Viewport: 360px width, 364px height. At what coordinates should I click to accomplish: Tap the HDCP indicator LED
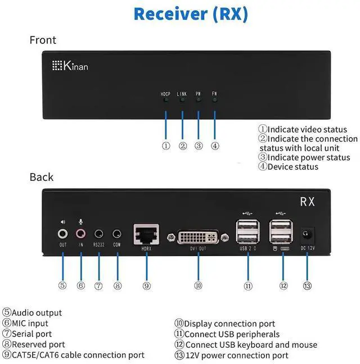pos(165,101)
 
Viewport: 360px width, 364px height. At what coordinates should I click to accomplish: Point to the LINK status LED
pos(182,101)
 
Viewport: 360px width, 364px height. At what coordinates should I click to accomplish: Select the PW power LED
pos(198,101)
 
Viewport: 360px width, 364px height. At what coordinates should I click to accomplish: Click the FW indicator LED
pos(214,101)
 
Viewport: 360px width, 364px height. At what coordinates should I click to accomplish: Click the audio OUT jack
pos(63,233)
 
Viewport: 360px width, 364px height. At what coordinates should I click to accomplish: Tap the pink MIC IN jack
pos(81,233)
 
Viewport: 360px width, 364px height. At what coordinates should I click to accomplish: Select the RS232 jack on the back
pos(99,233)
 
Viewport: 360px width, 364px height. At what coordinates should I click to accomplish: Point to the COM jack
pos(117,233)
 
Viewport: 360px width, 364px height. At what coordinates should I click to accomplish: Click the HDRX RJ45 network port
pos(146,234)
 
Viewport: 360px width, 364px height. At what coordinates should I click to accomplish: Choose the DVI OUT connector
pos(198,236)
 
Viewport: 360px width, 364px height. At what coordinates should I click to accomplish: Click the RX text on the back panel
pos(307,202)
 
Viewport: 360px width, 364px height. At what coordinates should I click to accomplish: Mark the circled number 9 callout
pos(146,285)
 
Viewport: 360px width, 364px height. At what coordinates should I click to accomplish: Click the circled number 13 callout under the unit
pos(307,285)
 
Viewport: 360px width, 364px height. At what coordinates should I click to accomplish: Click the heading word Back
pos(41,177)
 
